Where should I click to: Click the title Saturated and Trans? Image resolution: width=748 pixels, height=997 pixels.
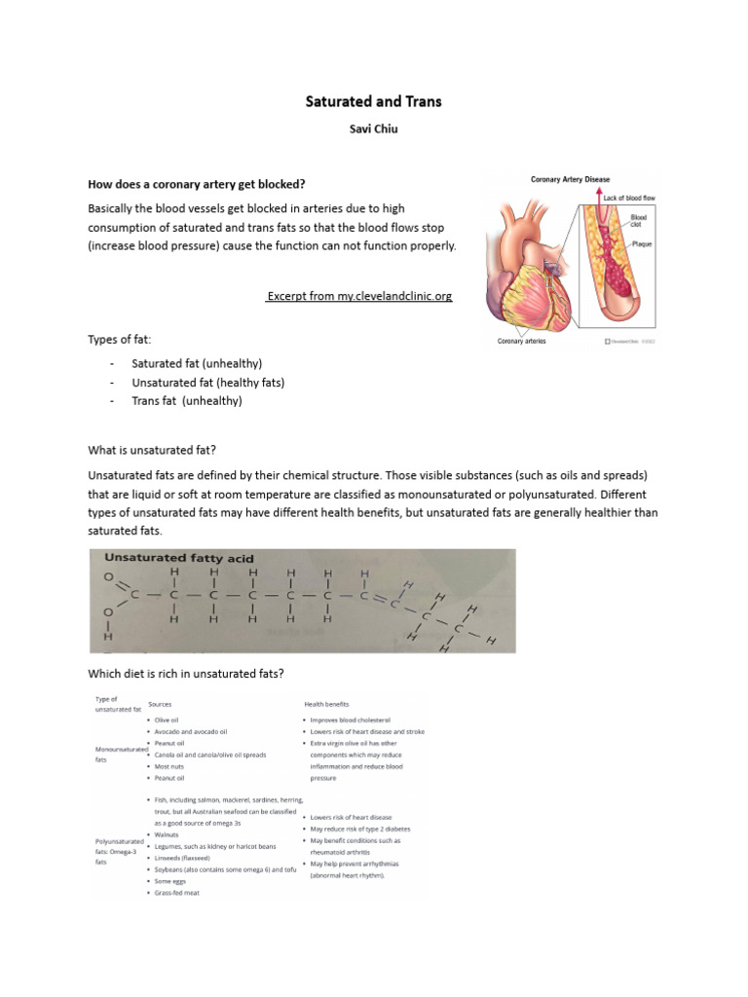click(374, 101)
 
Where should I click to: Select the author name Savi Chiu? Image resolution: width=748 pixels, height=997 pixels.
click(374, 128)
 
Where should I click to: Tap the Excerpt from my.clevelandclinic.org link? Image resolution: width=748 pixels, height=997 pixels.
click(359, 295)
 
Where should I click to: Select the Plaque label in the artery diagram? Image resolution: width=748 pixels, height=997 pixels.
click(643, 243)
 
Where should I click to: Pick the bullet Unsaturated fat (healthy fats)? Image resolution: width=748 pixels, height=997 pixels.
click(208, 382)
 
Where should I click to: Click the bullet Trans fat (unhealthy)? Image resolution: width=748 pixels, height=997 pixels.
click(187, 400)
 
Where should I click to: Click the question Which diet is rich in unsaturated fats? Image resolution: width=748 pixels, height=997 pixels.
click(186, 675)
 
